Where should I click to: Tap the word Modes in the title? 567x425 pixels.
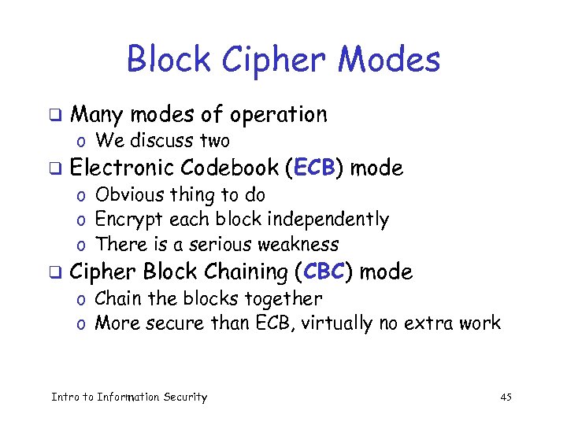394,60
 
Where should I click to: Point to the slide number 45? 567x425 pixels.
506,397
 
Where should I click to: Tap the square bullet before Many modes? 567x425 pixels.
55,115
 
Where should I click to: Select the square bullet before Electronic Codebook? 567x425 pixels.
55,168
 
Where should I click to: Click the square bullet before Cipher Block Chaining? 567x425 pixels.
55,273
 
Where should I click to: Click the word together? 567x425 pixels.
283,299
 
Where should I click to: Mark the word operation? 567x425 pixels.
278,115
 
